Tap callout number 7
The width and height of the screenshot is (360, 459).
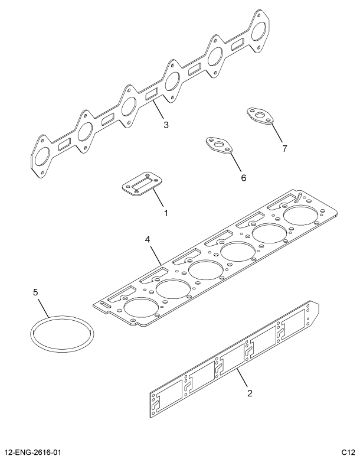pos(284,148)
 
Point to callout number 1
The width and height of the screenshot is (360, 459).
pos(166,212)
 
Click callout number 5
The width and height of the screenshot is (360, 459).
pos(35,292)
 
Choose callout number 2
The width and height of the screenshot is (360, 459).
pos(250,393)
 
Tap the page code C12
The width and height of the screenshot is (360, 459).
pos(347,452)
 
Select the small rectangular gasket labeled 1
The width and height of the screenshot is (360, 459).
pos(140,187)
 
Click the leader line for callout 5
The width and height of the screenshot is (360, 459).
pos(45,308)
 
